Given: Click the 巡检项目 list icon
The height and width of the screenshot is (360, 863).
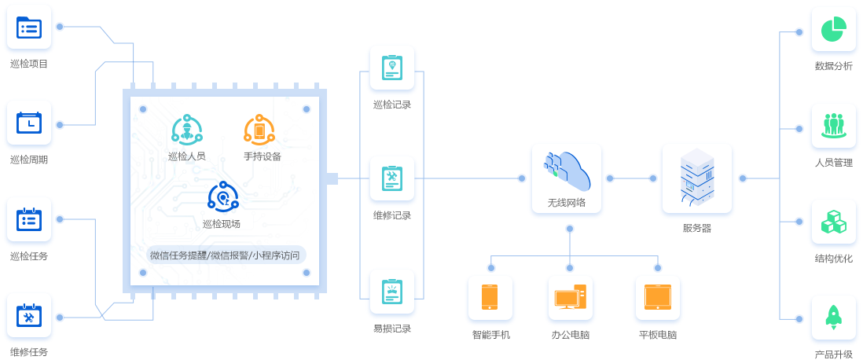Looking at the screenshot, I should pos(29,28).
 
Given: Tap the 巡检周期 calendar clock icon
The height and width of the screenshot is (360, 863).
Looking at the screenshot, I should pos(29,124).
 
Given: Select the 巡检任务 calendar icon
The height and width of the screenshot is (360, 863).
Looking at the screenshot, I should pos(29,221).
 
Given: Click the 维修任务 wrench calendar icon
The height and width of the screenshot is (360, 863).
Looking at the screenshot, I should pos(29,317).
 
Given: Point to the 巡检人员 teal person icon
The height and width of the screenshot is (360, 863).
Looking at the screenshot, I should pos(187,130).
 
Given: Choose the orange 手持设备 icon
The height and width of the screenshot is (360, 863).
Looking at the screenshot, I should pos(259,130).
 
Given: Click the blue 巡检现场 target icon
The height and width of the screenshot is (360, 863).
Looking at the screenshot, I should pos(223,197).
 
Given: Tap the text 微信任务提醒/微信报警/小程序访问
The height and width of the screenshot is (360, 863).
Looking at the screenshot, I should pos(225,255).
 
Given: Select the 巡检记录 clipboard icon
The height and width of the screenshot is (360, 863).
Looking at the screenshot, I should pos(391,68).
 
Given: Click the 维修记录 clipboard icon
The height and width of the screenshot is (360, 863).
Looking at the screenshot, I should pos(391,179).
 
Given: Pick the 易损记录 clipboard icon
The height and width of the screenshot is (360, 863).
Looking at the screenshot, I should pos(391,292).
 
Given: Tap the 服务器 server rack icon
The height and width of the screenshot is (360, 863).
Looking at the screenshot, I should pos(696,178).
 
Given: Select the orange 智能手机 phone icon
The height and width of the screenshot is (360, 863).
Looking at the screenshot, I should pos(490,298).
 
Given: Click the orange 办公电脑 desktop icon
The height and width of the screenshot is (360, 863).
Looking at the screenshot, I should pos(570,298).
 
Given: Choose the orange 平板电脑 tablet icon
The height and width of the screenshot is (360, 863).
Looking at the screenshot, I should pos(657,298).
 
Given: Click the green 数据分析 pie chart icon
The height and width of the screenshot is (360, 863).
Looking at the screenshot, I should pos(833,31).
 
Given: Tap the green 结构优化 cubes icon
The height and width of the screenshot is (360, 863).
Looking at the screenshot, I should pos(833,222).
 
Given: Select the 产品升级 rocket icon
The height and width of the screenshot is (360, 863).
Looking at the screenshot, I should pos(833,318).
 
